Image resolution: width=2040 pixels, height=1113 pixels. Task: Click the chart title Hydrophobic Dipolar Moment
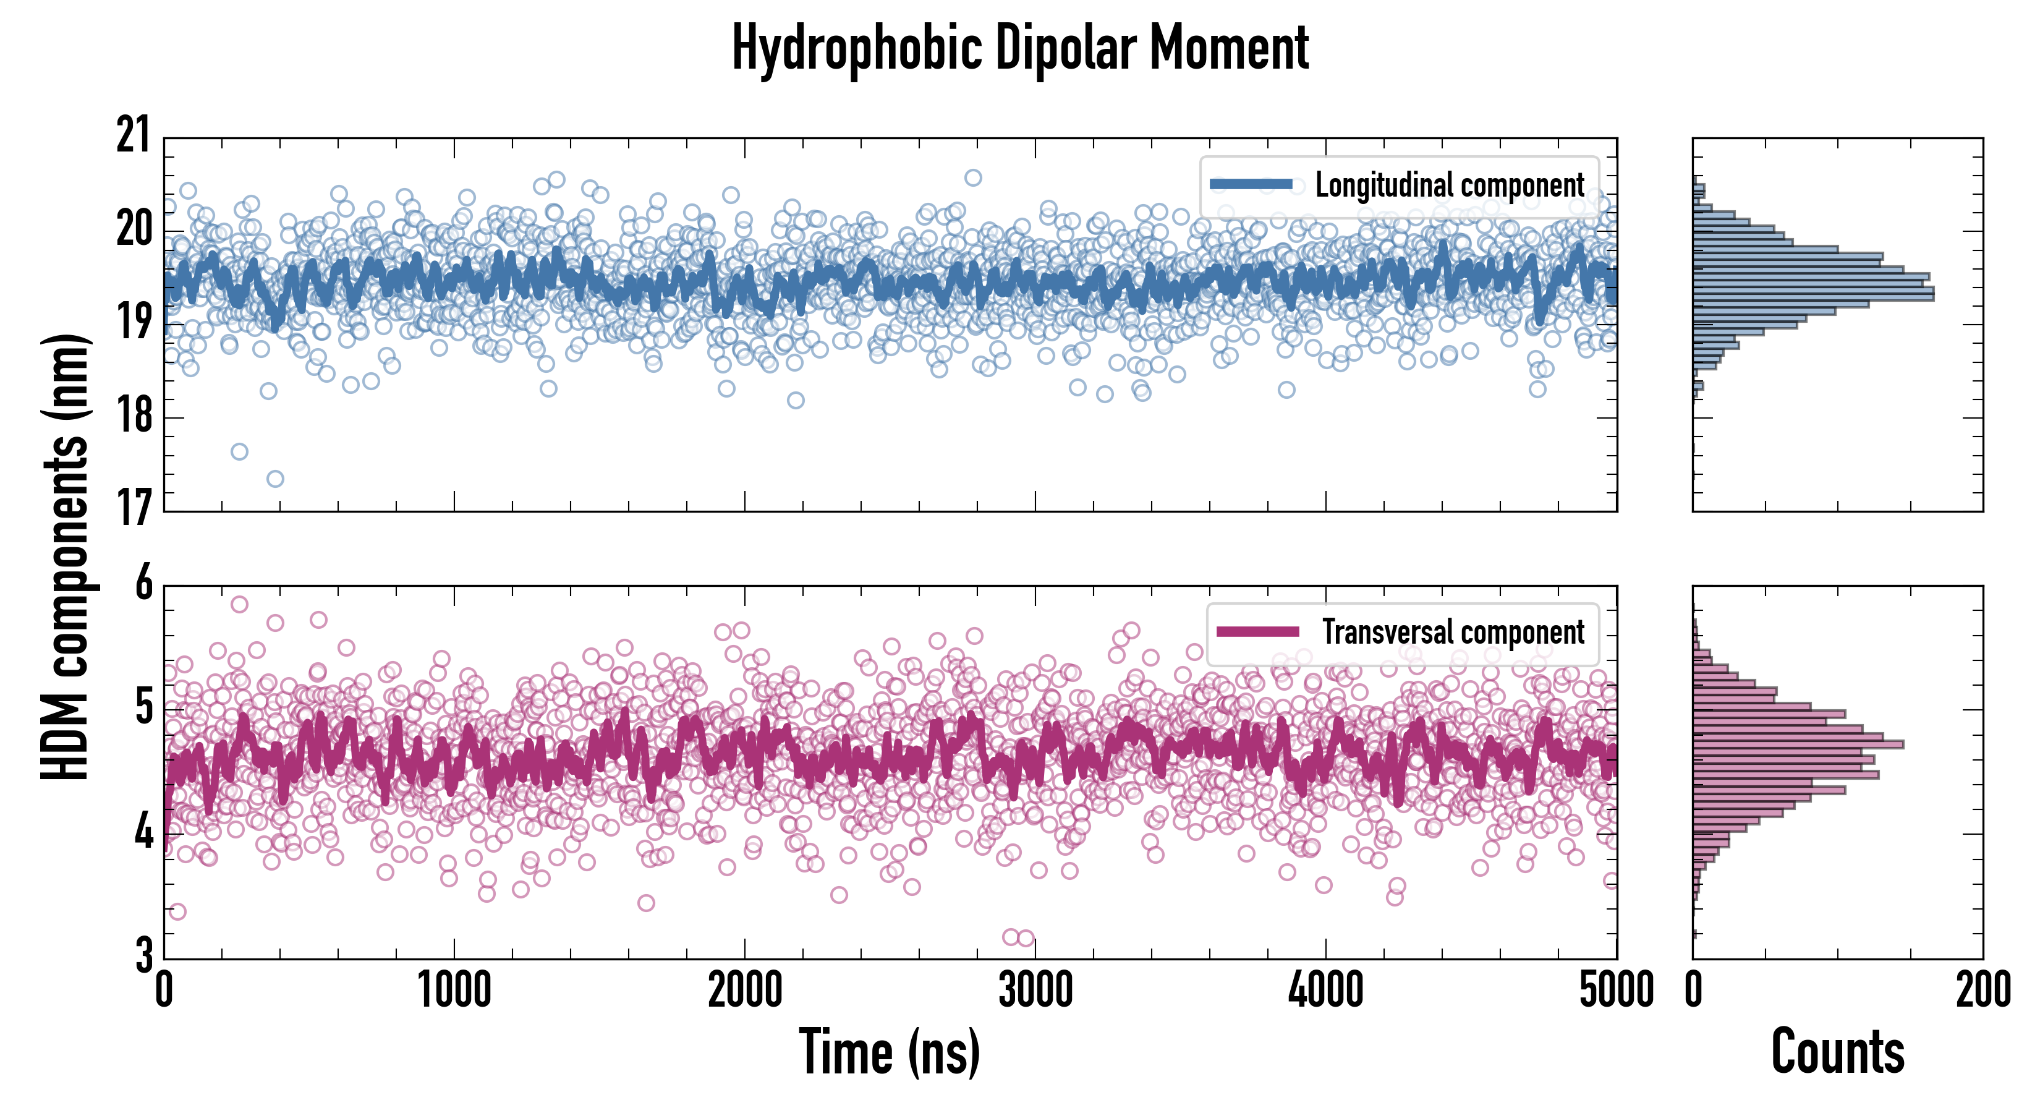coord(1020,49)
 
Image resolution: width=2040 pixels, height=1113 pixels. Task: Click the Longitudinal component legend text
coord(1449,185)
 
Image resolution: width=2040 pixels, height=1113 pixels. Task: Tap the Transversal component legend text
coord(1453,632)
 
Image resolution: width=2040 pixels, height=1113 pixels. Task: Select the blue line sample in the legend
coord(1251,185)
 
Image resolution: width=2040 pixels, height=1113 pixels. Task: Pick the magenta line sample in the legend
coord(1257,631)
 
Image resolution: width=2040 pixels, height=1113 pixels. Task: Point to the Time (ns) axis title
coord(890,1052)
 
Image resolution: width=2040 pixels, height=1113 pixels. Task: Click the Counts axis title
coord(1837,1052)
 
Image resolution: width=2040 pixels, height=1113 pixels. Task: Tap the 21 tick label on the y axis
coord(133,135)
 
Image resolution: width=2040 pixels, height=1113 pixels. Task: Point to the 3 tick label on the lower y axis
coord(143,955)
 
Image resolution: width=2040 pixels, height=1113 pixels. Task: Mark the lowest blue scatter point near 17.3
coord(275,479)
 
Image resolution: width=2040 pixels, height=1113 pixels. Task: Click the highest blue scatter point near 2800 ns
coord(972,177)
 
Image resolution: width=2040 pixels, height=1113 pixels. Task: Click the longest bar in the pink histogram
coord(1798,744)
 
